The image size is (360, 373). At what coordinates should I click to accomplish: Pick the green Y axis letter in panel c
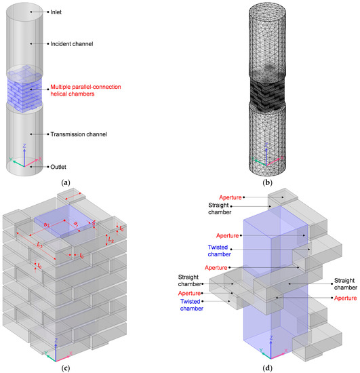click(x=45, y=352)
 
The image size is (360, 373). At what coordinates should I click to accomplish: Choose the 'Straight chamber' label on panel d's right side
click(x=344, y=283)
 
